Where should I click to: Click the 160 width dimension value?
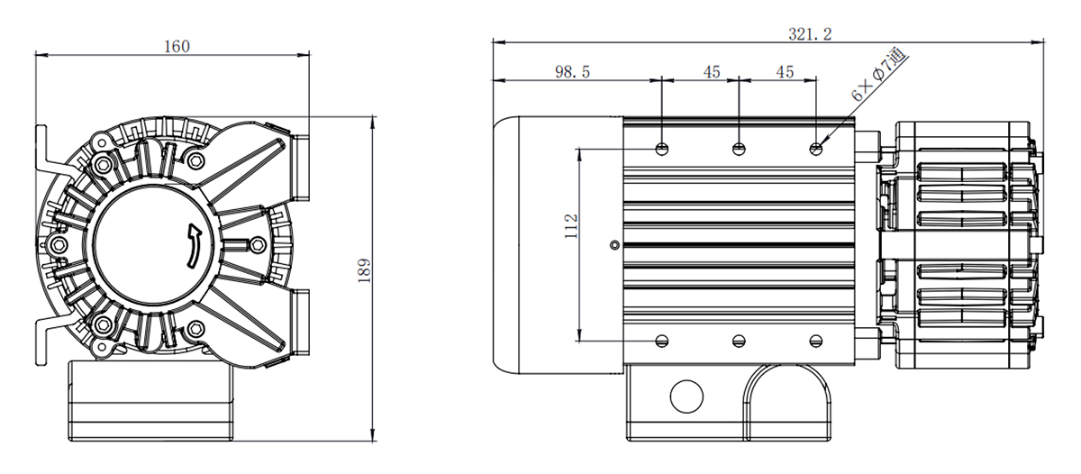pyautogui.click(x=177, y=47)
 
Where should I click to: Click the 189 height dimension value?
pyautogui.click(x=365, y=270)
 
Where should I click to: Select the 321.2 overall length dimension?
pyautogui.click(x=810, y=34)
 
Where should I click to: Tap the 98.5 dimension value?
pyautogui.click(x=572, y=72)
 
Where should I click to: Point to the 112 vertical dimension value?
pyautogui.click(x=571, y=226)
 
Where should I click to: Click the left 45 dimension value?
pyautogui.click(x=712, y=72)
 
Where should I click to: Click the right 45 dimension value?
pyautogui.click(x=786, y=72)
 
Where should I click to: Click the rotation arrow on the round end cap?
pyautogui.click(x=194, y=245)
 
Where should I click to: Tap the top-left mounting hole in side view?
pyautogui.click(x=662, y=150)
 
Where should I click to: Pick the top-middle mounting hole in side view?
pyautogui.click(x=739, y=150)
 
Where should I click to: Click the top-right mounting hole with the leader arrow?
pyautogui.click(x=815, y=150)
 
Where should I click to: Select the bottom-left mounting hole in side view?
pyautogui.click(x=662, y=342)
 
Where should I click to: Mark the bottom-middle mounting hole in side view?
pyautogui.click(x=739, y=342)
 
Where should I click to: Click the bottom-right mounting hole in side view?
pyautogui.click(x=815, y=342)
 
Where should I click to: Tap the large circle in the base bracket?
pyautogui.click(x=686, y=397)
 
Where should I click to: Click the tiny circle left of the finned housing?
pyautogui.click(x=614, y=245)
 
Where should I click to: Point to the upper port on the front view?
pyautogui.click(x=300, y=167)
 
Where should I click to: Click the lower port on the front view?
pyautogui.click(x=300, y=321)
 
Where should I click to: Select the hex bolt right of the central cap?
pyautogui.click(x=259, y=245)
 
